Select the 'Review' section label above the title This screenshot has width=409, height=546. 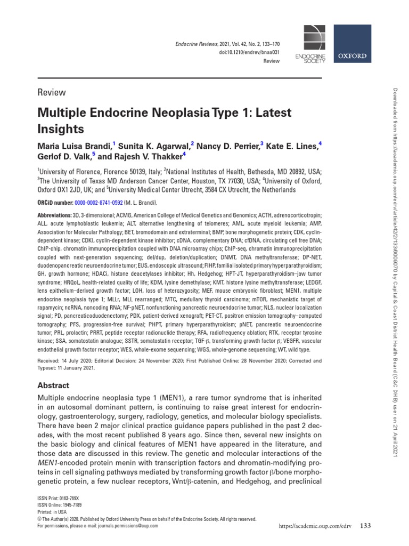click(51, 92)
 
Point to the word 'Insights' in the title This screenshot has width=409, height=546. click(60, 129)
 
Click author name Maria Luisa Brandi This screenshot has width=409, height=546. click(73, 146)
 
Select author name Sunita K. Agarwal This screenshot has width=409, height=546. click(155, 146)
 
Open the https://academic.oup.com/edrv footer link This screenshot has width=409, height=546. click(309, 527)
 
